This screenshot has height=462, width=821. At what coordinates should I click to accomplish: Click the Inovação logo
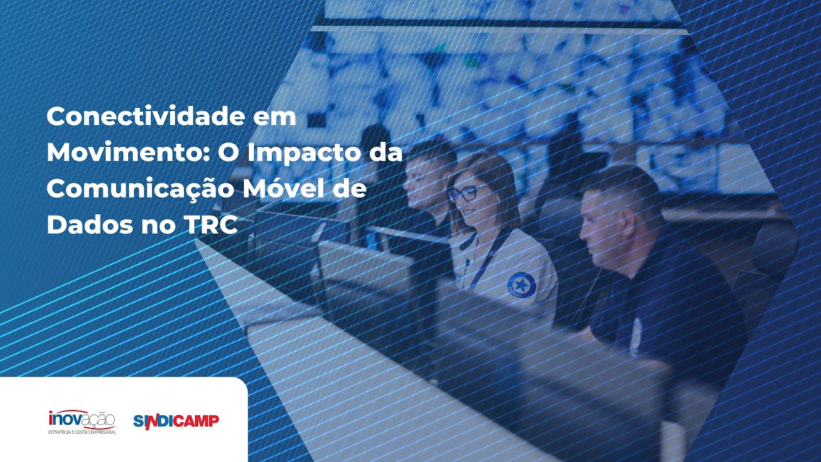click(x=82, y=422)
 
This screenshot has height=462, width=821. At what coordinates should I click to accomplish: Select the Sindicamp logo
click(x=176, y=421)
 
